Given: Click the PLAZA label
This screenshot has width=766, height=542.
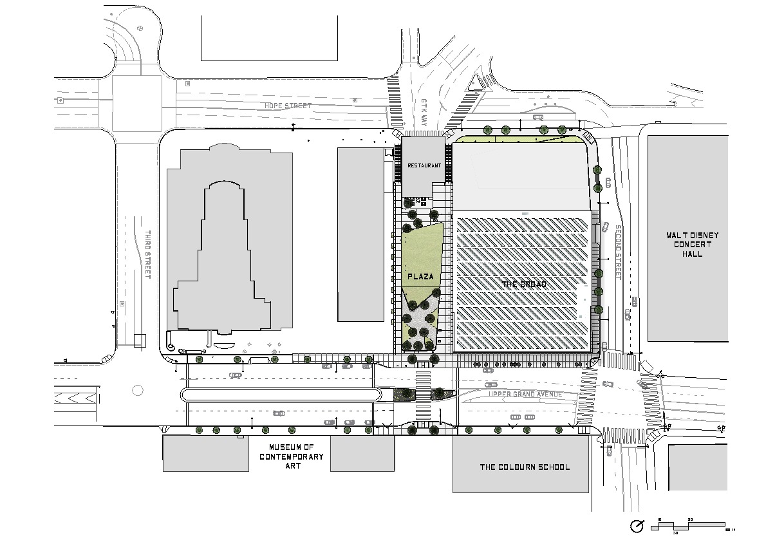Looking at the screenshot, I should [420, 276].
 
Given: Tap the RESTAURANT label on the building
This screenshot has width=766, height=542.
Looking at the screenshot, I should [424, 165].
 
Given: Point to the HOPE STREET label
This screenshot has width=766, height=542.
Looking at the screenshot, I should [288, 106].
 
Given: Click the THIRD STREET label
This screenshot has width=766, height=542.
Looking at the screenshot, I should [147, 254].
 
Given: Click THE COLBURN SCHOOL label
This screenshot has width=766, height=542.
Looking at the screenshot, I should [525, 467].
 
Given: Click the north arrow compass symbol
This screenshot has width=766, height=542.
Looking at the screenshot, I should [637, 527].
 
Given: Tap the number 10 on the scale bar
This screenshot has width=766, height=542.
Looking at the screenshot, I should [659, 519].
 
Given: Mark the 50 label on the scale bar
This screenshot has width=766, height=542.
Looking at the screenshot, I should [690, 519].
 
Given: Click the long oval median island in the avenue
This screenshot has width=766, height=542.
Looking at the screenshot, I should [279, 395].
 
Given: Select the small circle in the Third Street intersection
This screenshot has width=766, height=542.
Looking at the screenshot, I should [136, 389].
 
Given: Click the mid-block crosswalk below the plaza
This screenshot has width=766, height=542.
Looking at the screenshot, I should [423, 393].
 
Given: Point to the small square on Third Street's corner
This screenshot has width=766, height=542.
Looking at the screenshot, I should [140, 340].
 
